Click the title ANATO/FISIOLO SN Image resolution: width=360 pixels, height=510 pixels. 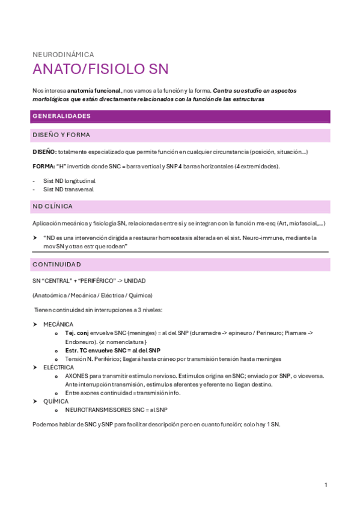100,69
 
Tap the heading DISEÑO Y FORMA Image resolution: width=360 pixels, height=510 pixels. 61,135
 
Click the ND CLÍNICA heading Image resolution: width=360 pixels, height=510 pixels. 53,206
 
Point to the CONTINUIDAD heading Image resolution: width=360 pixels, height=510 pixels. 56,264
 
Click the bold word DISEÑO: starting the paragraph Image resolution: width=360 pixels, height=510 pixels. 44,152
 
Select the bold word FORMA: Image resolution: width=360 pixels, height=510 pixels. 43,166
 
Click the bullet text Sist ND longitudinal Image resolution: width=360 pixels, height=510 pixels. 69,180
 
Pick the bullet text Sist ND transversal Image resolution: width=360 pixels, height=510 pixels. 69,189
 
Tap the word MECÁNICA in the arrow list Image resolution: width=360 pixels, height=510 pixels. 58,324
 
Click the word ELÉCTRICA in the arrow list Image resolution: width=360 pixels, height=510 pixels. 59,367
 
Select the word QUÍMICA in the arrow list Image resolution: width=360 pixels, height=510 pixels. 56,401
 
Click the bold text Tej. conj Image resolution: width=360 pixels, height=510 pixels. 77,333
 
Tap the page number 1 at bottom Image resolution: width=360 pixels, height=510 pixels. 325,485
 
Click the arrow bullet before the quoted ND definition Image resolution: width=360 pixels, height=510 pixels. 35,238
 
